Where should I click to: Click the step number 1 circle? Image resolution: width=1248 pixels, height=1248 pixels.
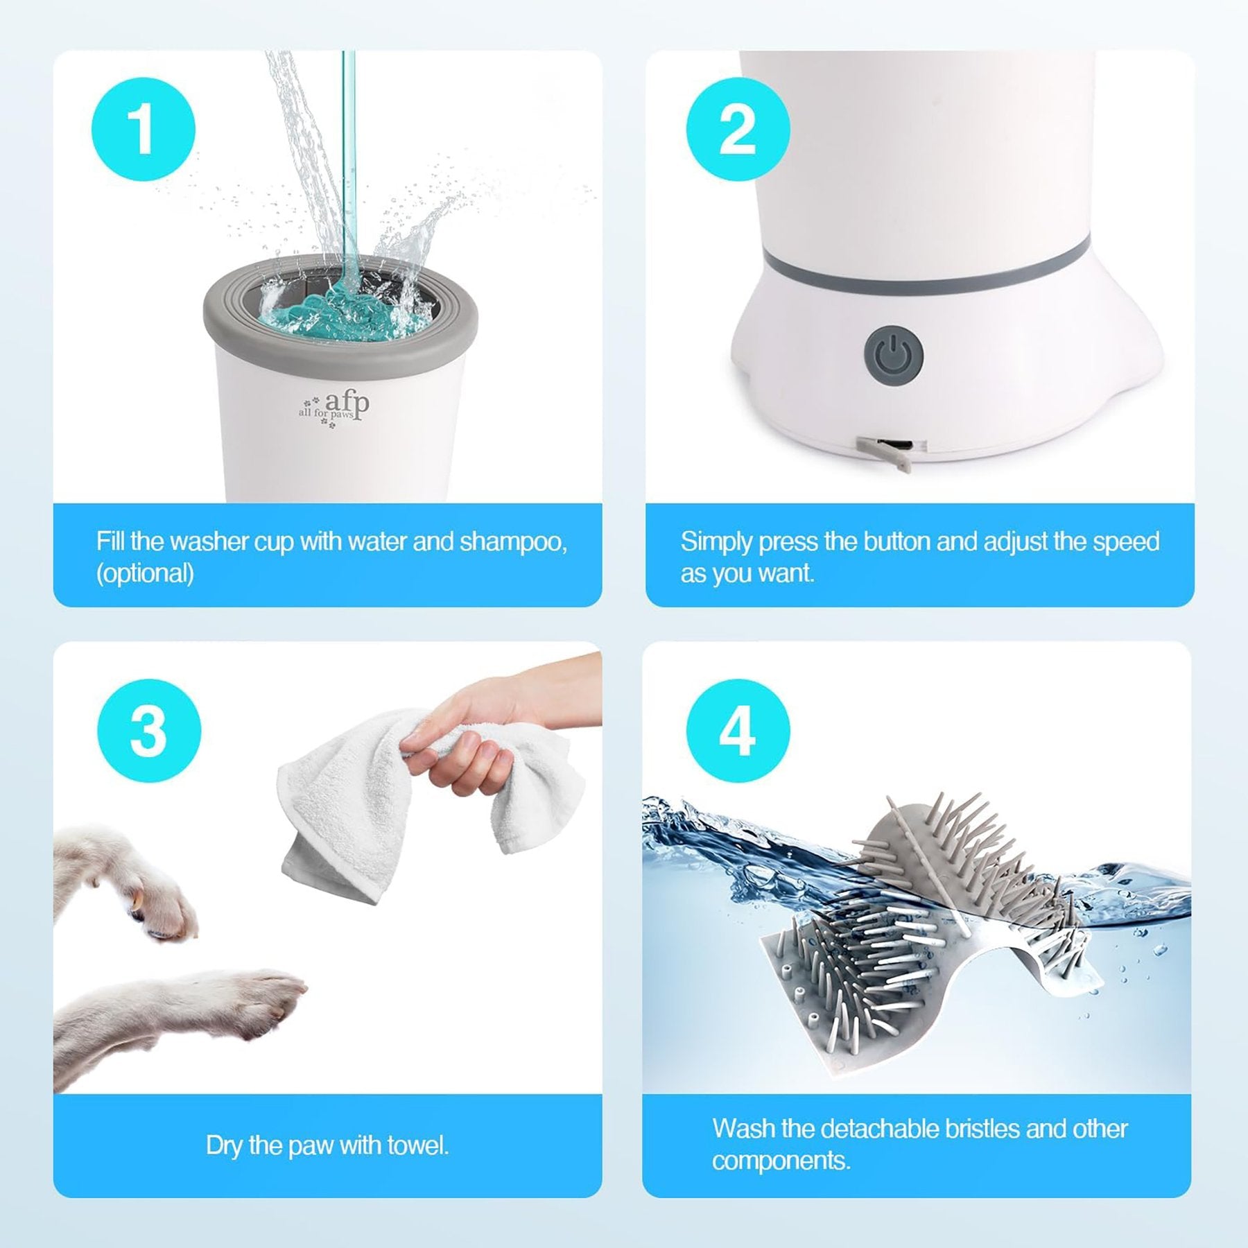(144, 130)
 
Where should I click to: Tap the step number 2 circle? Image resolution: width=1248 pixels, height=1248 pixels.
(738, 130)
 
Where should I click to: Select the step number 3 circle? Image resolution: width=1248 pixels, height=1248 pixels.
(148, 731)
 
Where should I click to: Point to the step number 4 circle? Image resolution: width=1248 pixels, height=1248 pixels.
(738, 731)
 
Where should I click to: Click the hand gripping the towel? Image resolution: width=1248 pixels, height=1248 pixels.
(478, 735)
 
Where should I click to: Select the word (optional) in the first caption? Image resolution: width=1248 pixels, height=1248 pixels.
(145, 574)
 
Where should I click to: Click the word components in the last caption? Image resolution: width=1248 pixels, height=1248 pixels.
(781, 1161)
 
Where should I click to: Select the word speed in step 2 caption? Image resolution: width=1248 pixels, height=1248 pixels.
(1126, 542)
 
